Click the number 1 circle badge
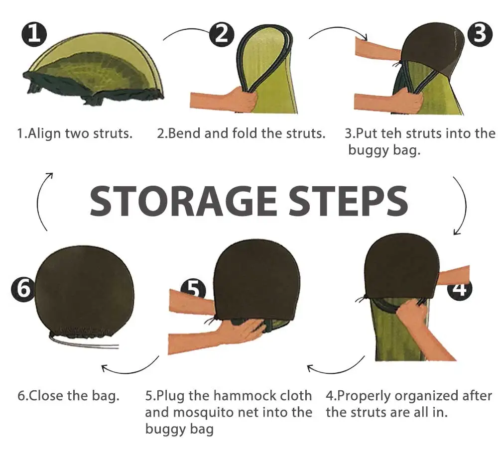34,34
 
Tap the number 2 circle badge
222,34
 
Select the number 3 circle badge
480,34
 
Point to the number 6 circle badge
22,290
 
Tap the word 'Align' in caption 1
44,133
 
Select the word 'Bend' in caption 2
185,133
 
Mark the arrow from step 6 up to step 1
39,201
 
